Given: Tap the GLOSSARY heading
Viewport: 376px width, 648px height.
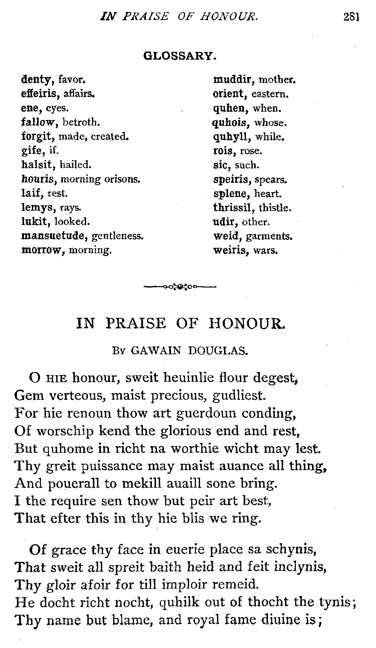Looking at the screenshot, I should pyautogui.click(x=180, y=56).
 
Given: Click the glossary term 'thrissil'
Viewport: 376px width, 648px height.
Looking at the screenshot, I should pyautogui.click(x=233, y=208).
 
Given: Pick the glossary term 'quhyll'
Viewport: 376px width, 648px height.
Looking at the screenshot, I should pyautogui.click(x=232, y=137).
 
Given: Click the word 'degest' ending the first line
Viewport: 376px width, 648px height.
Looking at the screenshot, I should pyautogui.click(x=273, y=377).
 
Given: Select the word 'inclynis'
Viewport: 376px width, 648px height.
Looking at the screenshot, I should pyautogui.click(x=298, y=568).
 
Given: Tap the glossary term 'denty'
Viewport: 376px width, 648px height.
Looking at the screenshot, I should pyautogui.click(x=36, y=80).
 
